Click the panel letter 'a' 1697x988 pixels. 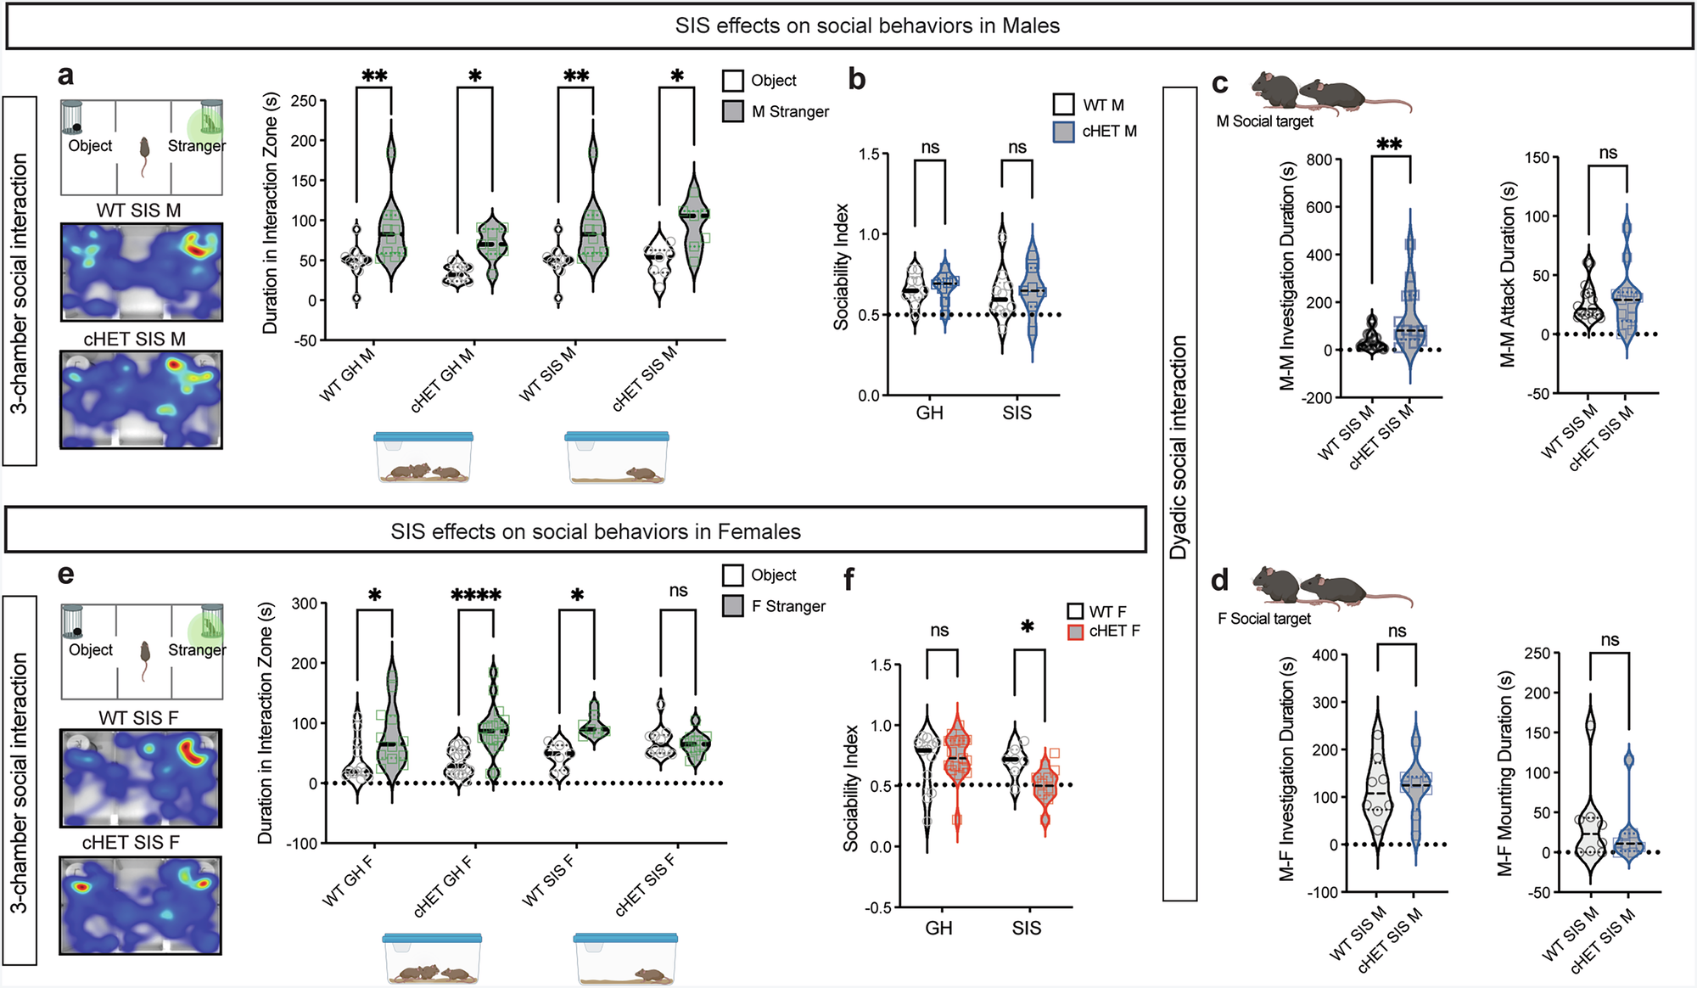click(65, 76)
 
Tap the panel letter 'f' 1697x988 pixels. click(849, 580)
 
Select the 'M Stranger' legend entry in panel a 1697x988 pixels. click(790, 112)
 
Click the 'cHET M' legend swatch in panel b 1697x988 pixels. click(1063, 132)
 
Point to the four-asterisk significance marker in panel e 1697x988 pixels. click(475, 595)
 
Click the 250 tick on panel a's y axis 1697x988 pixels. click(303, 101)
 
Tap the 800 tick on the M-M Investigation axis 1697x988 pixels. click(1318, 160)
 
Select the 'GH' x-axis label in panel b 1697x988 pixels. click(929, 413)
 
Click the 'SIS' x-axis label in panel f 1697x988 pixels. click(1026, 929)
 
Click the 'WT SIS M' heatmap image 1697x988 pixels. click(142, 272)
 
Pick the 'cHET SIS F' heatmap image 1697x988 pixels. click(141, 905)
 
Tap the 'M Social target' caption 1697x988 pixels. click(1264, 121)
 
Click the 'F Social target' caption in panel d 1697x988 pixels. click(1263, 619)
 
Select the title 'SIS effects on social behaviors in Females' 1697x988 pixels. click(595, 531)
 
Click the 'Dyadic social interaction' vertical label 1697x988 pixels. click(1178, 448)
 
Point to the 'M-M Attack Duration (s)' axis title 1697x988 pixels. click(1508, 273)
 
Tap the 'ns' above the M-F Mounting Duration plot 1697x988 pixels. click(1609, 640)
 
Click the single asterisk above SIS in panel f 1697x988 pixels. click(1027, 628)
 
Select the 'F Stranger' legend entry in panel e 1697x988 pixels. click(788, 607)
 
